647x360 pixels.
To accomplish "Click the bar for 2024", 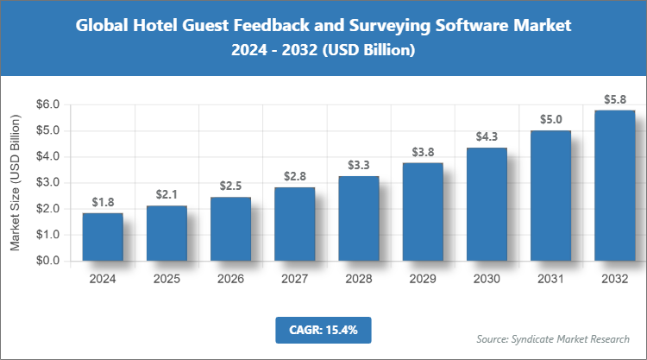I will tap(103, 237).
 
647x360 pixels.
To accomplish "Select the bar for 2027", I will tap(294, 224).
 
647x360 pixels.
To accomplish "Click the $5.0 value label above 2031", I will tap(550, 119).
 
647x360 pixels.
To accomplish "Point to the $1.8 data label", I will tap(103, 202).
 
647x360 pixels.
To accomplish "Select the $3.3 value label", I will tap(358, 164).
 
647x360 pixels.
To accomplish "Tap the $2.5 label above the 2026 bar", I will tap(230, 186).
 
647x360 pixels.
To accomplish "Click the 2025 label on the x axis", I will tap(166, 279).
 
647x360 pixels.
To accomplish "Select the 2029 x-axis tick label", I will tap(422, 279).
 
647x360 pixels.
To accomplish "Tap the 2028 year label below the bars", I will tap(358, 279).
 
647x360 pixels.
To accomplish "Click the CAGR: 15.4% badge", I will tap(323, 329).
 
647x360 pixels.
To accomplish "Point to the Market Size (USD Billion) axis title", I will tap(15, 182).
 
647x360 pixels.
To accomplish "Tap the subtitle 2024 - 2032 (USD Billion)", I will tap(323, 51).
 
